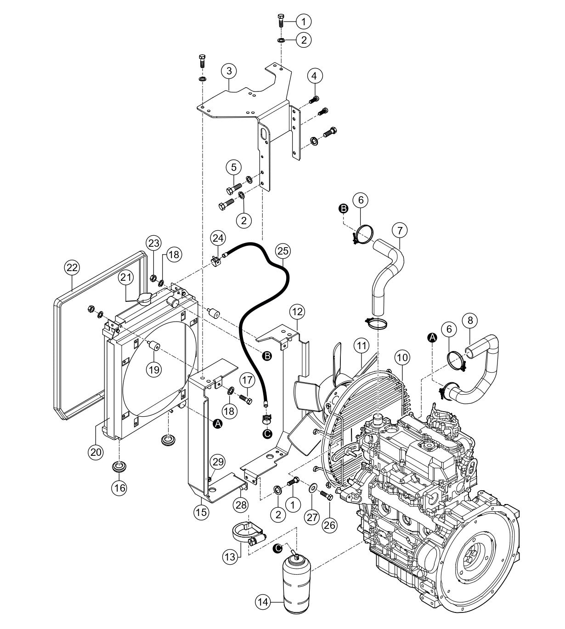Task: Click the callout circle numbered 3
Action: [x=229, y=71]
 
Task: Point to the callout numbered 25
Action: [x=283, y=251]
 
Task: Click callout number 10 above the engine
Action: [x=402, y=357]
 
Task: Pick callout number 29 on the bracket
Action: [x=218, y=460]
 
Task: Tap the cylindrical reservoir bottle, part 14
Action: [x=297, y=584]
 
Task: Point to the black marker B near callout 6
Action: [x=343, y=209]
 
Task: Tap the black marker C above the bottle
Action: [x=277, y=548]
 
